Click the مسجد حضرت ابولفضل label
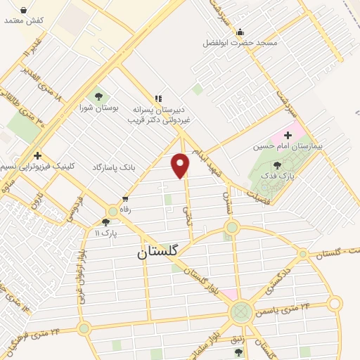coord(250,43)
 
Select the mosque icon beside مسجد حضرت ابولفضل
coord(240,31)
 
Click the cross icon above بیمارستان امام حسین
coord(288,134)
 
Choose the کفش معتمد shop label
coord(24,20)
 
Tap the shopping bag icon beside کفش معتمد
coord(24,11)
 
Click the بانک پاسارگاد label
coord(112,168)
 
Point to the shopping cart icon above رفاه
coord(125,199)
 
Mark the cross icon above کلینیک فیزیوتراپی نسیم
coord(37,155)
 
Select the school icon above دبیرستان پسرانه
coord(158,98)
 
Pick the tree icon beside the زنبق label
coord(238,352)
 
